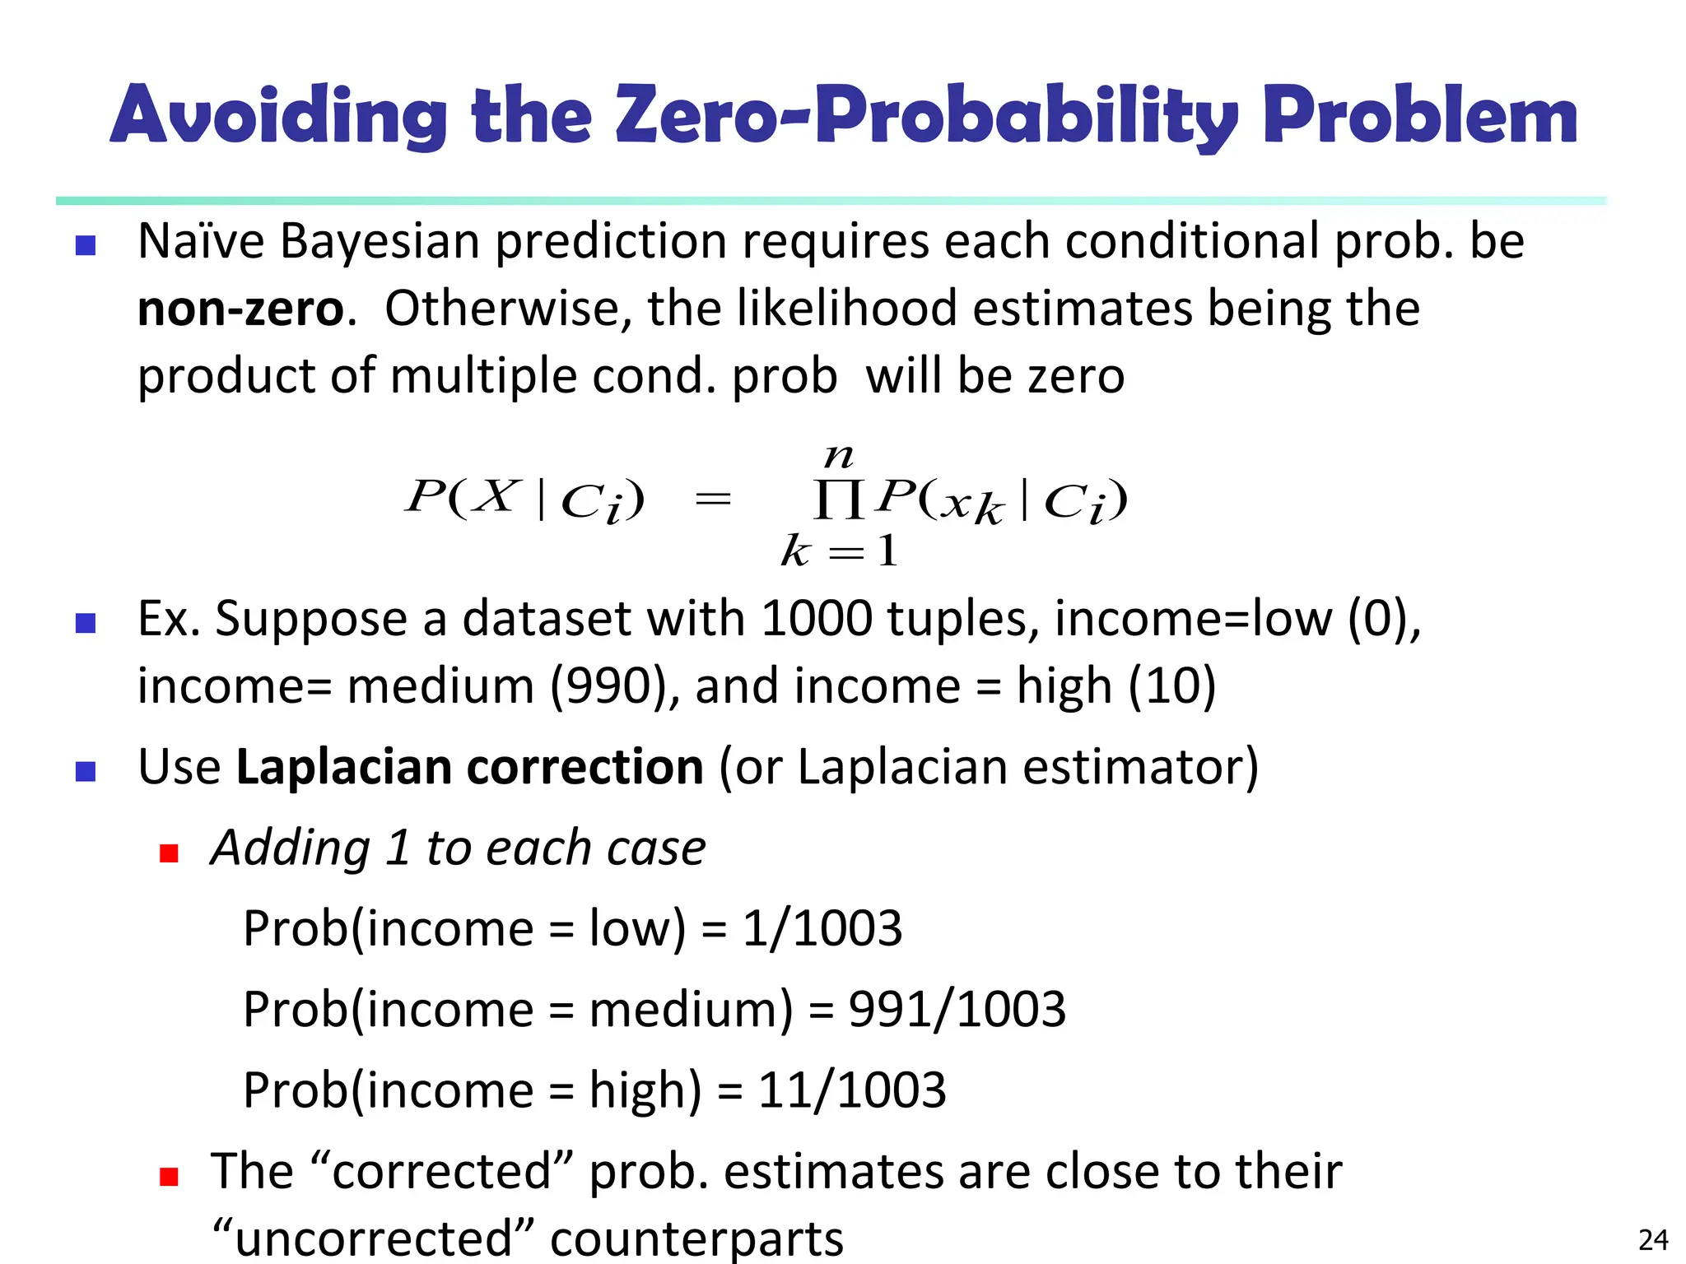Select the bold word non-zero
240,309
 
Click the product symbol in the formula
838,500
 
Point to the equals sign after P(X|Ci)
713,499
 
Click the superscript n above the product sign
839,455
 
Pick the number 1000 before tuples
816,619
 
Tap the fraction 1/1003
822,928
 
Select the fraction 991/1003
957,1009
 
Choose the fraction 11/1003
851,1090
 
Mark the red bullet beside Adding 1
170,853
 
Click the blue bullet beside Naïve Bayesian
86,245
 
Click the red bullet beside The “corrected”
170,1176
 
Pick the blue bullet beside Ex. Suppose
86,623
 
